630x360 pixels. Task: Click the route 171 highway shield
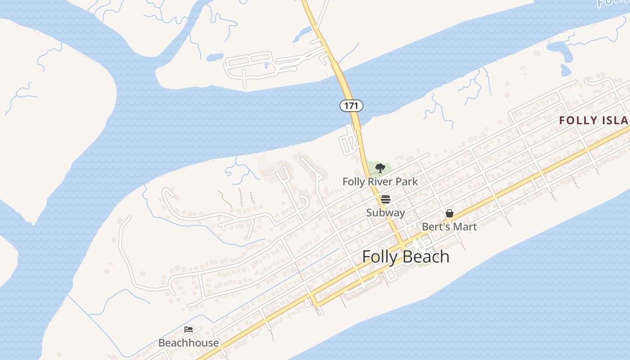(351, 106)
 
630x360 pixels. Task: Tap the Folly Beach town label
(405, 256)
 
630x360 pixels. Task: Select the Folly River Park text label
(380, 182)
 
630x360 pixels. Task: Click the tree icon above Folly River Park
(380, 169)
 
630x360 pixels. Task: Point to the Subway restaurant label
(385, 212)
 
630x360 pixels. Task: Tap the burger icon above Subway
(385, 199)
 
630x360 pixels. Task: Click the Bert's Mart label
(449, 226)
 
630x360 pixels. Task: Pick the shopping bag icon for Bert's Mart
(449, 213)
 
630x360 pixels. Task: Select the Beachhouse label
(189, 343)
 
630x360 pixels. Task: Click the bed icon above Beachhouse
(189, 330)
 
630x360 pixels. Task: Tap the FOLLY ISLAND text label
(594, 121)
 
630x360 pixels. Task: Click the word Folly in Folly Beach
(380, 256)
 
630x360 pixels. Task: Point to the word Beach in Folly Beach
(425, 256)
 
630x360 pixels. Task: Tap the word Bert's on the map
(435, 226)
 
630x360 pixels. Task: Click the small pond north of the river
(215, 57)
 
